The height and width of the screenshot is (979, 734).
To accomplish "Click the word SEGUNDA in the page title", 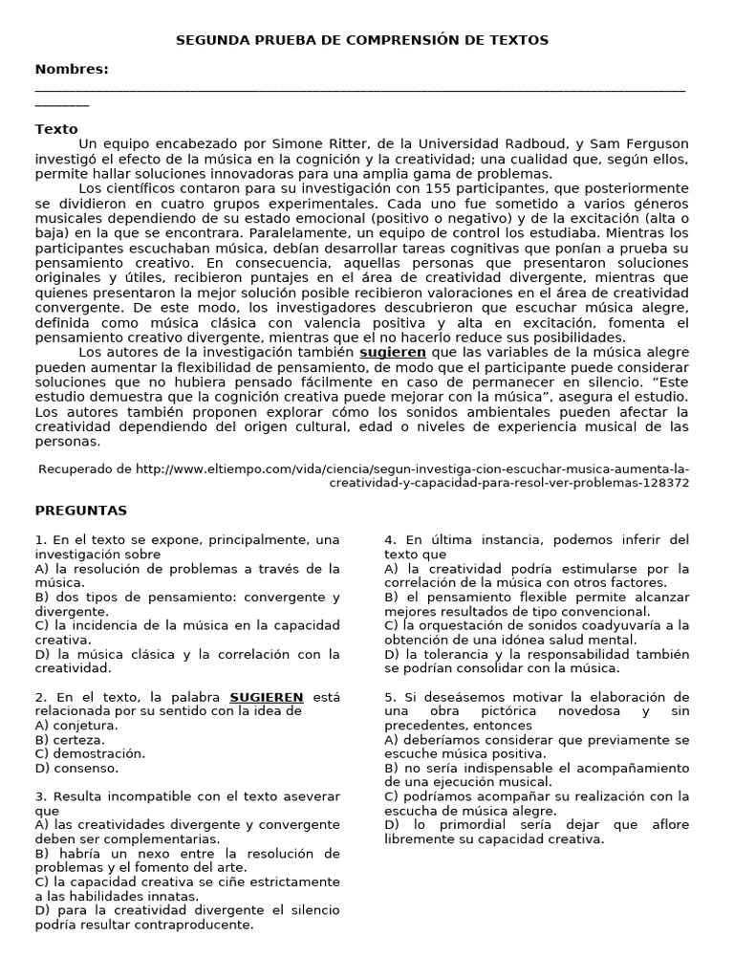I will [211, 40].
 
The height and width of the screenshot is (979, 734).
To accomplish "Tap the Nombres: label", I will [72, 69].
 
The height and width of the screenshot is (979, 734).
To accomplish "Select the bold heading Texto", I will [56, 129].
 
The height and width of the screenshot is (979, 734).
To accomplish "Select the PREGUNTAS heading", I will [81, 511].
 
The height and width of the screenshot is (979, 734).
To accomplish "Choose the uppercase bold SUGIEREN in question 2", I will [267, 697].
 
